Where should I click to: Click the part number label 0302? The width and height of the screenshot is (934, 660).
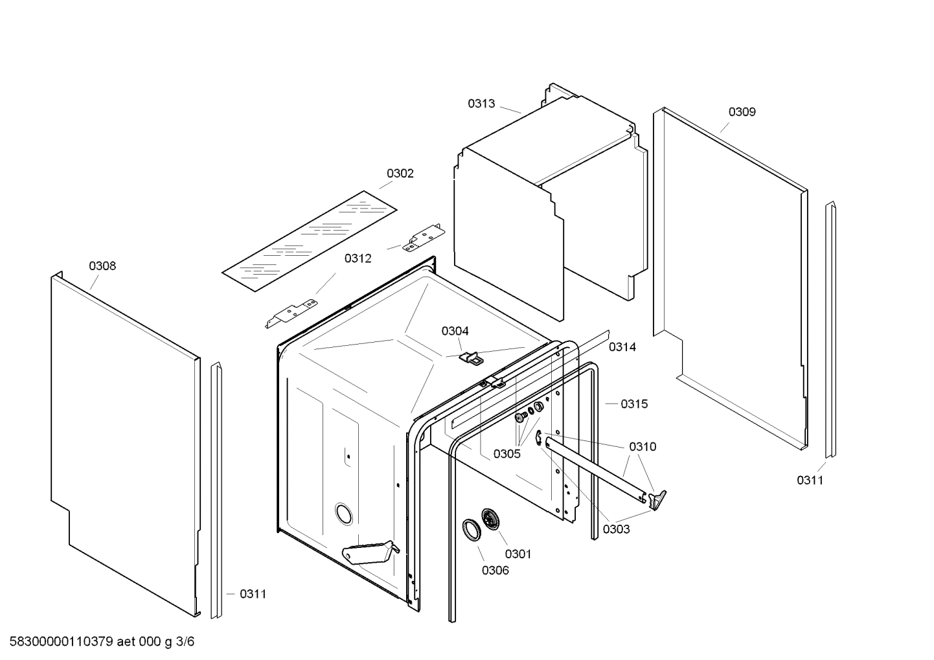(400, 174)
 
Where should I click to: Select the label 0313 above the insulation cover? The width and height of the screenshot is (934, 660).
(481, 104)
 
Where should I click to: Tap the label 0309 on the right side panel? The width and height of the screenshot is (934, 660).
(742, 112)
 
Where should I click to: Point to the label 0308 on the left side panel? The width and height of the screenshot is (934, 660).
(102, 266)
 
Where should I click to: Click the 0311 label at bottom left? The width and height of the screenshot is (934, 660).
(253, 594)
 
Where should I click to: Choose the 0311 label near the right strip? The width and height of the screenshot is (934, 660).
(810, 480)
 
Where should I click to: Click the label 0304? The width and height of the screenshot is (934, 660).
(455, 332)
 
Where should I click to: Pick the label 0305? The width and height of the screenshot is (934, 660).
(507, 454)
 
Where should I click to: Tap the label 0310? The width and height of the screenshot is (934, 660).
(642, 447)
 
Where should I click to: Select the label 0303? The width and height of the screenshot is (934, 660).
(616, 529)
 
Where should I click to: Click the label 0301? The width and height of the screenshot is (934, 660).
(518, 554)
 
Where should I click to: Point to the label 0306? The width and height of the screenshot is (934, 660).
(495, 571)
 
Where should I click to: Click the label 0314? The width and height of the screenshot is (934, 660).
(622, 347)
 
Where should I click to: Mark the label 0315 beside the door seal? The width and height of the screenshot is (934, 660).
(633, 404)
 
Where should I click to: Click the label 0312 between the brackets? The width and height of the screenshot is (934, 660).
(358, 259)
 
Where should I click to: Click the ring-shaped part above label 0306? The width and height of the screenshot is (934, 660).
(471, 529)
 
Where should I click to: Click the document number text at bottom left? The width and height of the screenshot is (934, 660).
(97, 642)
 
